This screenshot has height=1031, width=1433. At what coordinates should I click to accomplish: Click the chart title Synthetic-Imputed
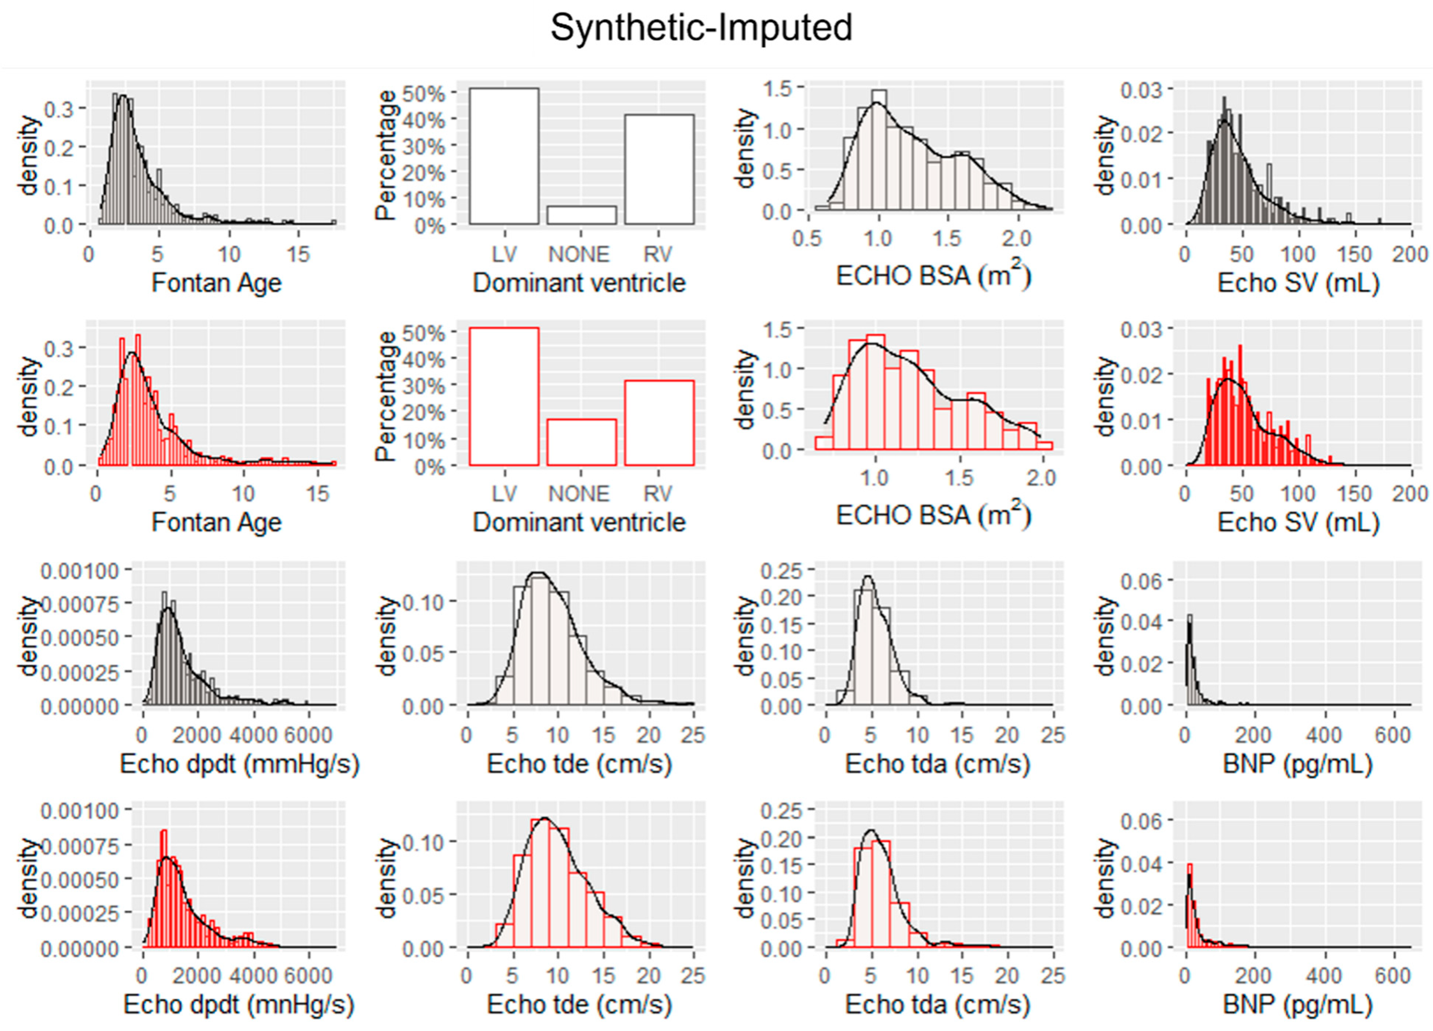coord(701,28)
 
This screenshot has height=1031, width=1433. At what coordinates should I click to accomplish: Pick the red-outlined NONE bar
coord(581,442)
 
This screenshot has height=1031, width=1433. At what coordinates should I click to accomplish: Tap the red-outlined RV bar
coord(659,423)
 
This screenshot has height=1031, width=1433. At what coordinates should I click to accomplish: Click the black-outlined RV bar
coord(659,169)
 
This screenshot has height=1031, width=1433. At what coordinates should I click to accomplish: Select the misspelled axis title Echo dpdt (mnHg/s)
coord(239,1005)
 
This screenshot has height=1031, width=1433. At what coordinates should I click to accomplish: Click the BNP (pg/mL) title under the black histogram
coord(1298,765)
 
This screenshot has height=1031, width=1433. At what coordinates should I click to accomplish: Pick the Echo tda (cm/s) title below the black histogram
coord(938,765)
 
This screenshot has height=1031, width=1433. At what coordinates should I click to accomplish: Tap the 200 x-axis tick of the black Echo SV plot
coord(1410,254)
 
